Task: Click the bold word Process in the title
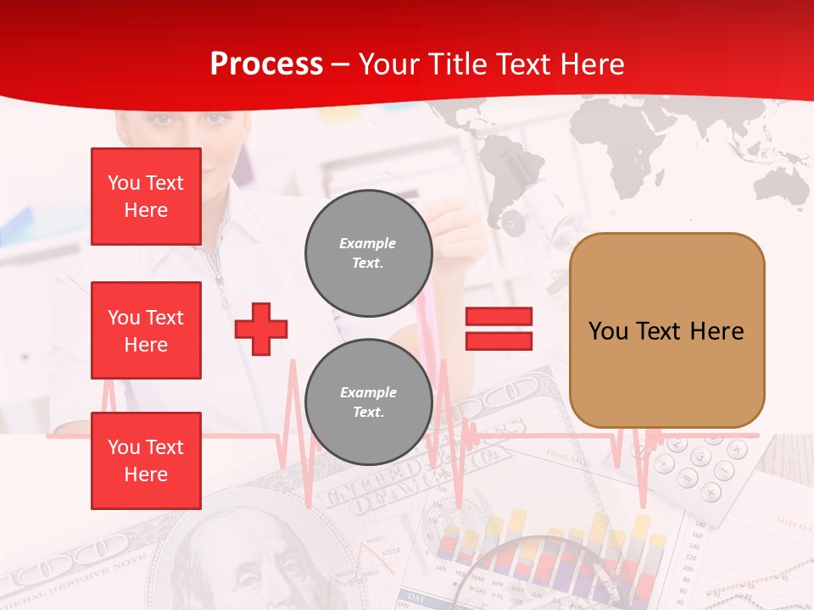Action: tap(266, 64)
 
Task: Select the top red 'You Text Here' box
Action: tap(146, 197)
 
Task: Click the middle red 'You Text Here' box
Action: tap(146, 330)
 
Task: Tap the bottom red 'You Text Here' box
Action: tap(146, 461)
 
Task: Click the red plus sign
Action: tap(261, 329)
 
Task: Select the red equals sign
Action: tap(499, 329)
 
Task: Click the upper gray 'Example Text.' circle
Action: tap(368, 252)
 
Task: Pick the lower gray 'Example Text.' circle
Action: tap(368, 402)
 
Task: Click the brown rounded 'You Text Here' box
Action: tap(666, 330)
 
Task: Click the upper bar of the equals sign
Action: tap(499, 317)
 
